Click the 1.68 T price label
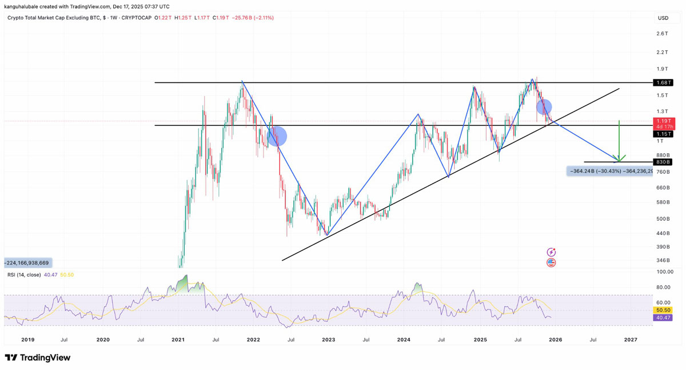[x=663, y=83]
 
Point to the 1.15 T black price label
[x=663, y=134]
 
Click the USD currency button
[x=663, y=18]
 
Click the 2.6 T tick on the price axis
[x=662, y=34]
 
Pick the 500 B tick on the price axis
[x=663, y=218]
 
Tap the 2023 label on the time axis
[x=328, y=340]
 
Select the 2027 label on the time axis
[x=630, y=340]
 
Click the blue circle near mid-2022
[x=277, y=136]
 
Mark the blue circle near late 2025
[x=544, y=107]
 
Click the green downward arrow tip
[x=619, y=160]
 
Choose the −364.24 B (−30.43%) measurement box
[x=609, y=171]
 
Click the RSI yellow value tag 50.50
[x=664, y=311]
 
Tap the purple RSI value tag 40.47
[x=664, y=317]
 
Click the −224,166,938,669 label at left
[x=27, y=263]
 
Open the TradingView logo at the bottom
[x=38, y=358]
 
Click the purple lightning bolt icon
[x=551, y=252]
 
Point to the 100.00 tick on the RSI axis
[x=665, y=272]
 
